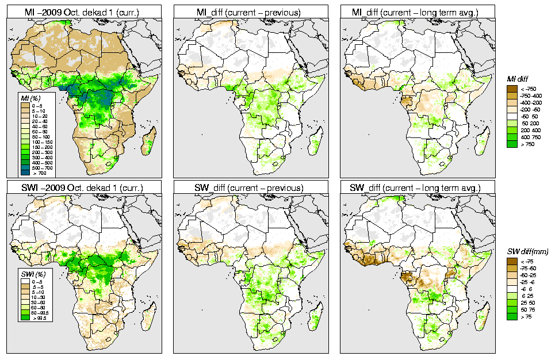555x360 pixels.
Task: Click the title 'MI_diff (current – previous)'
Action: pos(254,12)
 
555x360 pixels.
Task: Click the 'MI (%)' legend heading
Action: pos(27,98)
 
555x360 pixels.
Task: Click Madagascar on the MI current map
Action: pos(148,143)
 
